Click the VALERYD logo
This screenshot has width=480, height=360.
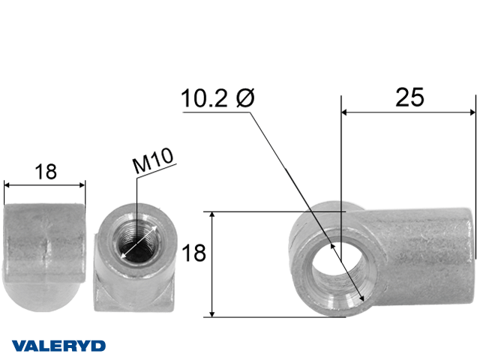click(58, 346)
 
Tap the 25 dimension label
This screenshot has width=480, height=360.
click(409, 97)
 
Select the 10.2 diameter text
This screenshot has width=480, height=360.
click(205, 98)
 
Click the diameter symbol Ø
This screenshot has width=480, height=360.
click(245, 98)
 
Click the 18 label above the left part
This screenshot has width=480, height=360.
click(46, 172)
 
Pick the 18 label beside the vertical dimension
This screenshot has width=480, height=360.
click(193, 253)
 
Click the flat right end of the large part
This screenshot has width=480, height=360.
click(471, 256)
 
